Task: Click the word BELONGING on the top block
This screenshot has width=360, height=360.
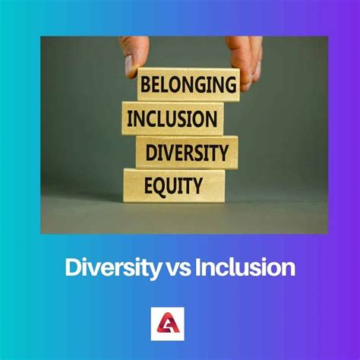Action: [x=188, y=84]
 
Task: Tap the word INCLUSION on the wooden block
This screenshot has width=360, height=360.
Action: [x=172, y=118]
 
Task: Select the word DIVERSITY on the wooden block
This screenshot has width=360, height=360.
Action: [x=187, y=153]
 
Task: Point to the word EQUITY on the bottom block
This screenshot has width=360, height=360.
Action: [x=173, y=185]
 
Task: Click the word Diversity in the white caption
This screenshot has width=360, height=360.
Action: [x=113, y=268]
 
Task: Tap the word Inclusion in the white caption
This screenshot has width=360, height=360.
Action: [x=245, y=267]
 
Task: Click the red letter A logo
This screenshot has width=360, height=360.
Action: [x=168, y=324]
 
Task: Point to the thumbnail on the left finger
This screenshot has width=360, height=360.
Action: [x=129, y=66]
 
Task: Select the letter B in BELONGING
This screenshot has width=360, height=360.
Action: [x=145, y=84]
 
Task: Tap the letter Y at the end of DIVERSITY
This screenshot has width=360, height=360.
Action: [x=223, y=153]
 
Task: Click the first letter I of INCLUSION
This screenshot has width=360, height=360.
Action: [x=129, y=118]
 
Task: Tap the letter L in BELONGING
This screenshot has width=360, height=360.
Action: [x=165, y=84]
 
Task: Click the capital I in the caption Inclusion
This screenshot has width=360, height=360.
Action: [x=197, y=267]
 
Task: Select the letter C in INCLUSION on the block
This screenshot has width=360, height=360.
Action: [x=151, y=118]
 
